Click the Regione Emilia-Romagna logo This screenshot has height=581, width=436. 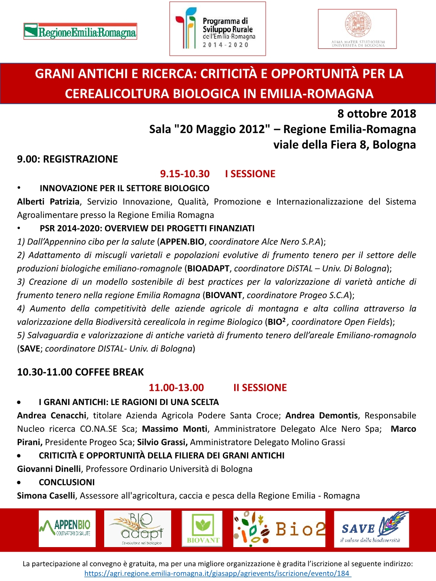click(x=80, y=31)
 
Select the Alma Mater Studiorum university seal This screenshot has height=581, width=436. click(x=357, y=29)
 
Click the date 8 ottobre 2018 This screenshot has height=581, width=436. click(x=376, y=114)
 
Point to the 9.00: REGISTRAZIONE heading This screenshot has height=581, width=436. click(x=67, y=159)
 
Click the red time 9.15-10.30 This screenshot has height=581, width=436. click(x=185, y=174)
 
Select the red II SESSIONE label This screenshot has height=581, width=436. click(x=260, y=388)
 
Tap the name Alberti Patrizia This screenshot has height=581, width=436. click(x=48, y=202)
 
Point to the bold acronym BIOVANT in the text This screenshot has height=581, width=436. click(x=224, y=295)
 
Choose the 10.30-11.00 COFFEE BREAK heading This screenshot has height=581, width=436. click(x=80, y=372)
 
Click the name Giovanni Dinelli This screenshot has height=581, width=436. click(x=49, y=469)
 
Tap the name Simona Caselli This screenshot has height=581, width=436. click(x=46, y=495)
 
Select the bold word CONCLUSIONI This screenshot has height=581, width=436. click(x=67, y=482)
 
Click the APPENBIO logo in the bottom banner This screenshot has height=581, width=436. click(x=67, y=529)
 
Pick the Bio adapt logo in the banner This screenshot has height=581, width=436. click(x=138, y=529)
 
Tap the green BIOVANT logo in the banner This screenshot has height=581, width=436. click(x=202, y=529)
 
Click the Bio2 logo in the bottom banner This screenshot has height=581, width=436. click(x=279, y=529)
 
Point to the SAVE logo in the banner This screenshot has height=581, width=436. click(x=371, y=529)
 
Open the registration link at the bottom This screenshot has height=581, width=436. click(x=218, y=573)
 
